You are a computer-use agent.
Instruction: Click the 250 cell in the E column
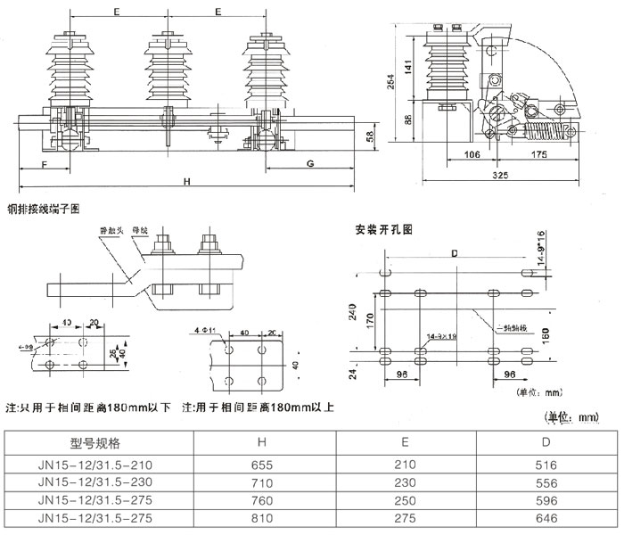pyautogui.click(x=406, y=499)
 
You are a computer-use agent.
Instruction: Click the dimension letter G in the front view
pyautogui.click(x=309, y=164)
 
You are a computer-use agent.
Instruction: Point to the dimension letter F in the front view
pyautogui.click(x=44, y=164)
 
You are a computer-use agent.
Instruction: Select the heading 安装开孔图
pyautogui.click(x=384, y=230)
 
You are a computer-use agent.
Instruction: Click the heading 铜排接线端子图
pyautogui.click(x=44, y=210)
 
